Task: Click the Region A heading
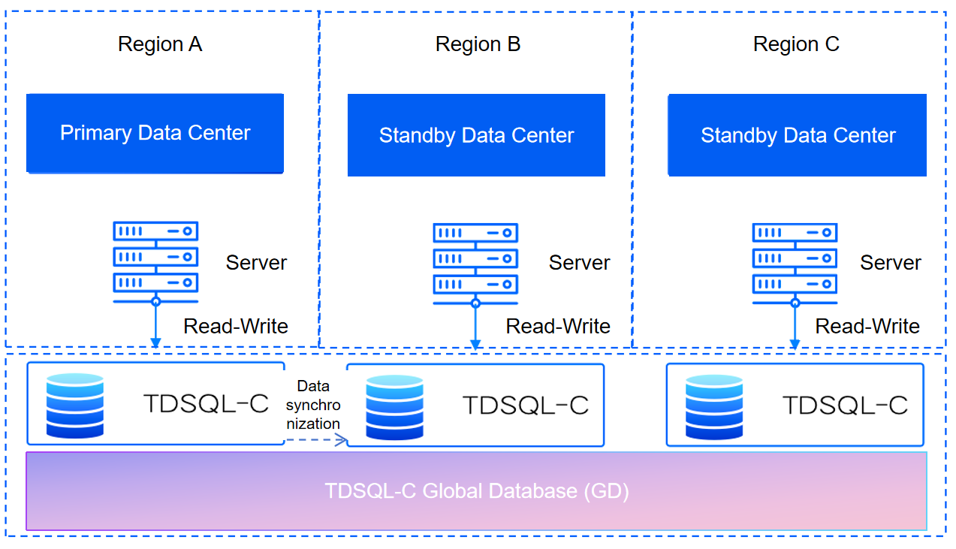[160, 44]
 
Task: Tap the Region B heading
[478, 44]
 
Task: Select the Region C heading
[796, 44]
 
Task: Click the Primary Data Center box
[155, 134]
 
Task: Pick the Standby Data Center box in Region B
[476, 135]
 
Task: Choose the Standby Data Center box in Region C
[798, 135]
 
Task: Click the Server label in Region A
[256, 263]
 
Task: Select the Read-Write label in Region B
[558, 327]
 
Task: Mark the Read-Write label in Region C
[867, 327]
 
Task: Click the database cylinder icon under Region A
[74, 405]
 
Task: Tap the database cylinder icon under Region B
[395, 406]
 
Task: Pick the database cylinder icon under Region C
[714, 406]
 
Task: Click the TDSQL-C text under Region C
[845, 406]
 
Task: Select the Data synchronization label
[313, 405]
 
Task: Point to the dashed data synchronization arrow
[315, 440]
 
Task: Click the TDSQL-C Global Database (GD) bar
[476, 491]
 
